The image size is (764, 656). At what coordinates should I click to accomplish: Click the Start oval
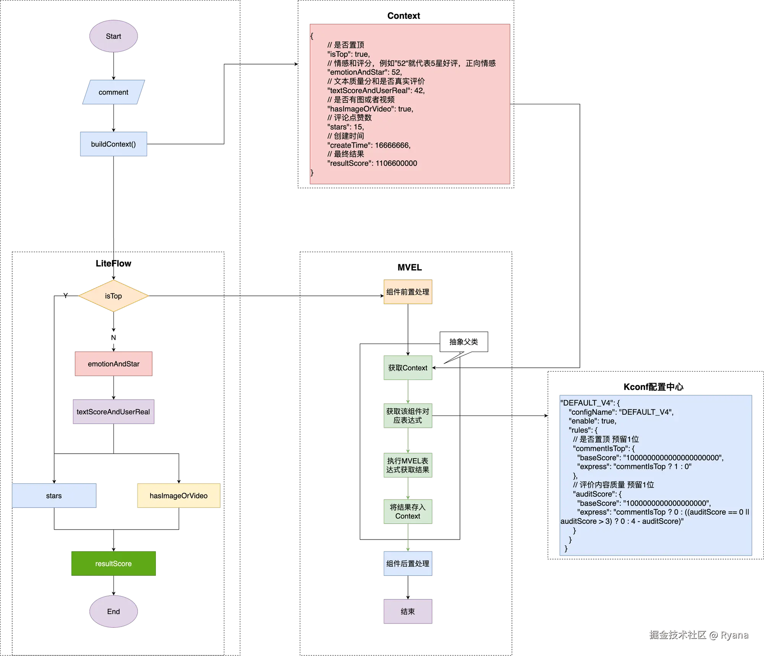pos(113,36)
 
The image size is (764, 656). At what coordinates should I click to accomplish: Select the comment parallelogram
pos(113,92)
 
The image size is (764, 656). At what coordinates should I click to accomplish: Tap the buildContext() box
pos(113,144)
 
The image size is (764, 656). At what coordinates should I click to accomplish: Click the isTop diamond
pos(113,296)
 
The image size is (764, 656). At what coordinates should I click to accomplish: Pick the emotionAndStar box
pos(113,364)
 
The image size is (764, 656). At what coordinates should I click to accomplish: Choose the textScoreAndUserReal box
pos(113,412)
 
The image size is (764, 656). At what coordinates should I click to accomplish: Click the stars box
pos(54,496)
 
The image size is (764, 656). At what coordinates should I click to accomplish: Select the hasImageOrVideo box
pos(178,496)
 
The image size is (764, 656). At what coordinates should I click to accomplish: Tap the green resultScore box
pos(113,564)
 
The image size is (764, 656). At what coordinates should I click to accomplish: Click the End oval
pos(113,611)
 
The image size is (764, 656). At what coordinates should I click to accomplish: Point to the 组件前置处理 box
pos(408,292)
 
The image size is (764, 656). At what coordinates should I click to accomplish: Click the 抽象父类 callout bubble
pos(464,342)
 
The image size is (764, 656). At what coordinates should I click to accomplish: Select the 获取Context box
pos(408,368)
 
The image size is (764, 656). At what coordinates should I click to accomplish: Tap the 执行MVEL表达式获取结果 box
pos(408,465)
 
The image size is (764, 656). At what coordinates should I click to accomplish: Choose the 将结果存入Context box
pos(408,512)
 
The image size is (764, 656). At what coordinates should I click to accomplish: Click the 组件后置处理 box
pos(408,564)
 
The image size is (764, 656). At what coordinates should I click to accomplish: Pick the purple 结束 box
pos(408,611)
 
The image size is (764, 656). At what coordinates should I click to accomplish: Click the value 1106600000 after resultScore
pos(396,163)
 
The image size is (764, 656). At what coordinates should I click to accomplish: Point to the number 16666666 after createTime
pos(392,145)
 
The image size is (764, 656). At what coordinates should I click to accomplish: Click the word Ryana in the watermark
pos(734,634)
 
